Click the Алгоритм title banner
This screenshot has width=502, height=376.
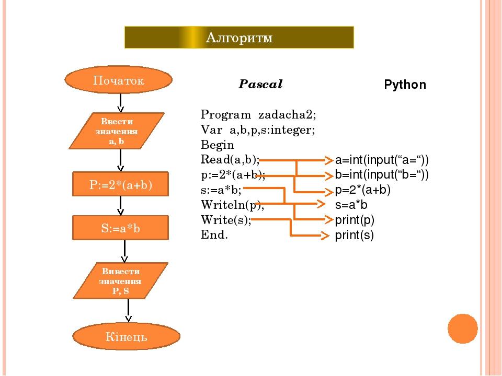pos(239,37)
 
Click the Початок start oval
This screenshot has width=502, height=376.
pos(118,81)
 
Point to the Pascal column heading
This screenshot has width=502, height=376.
pos(260,84)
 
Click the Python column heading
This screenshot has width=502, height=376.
pos(405,85)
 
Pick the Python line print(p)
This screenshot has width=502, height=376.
pos(355,220)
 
